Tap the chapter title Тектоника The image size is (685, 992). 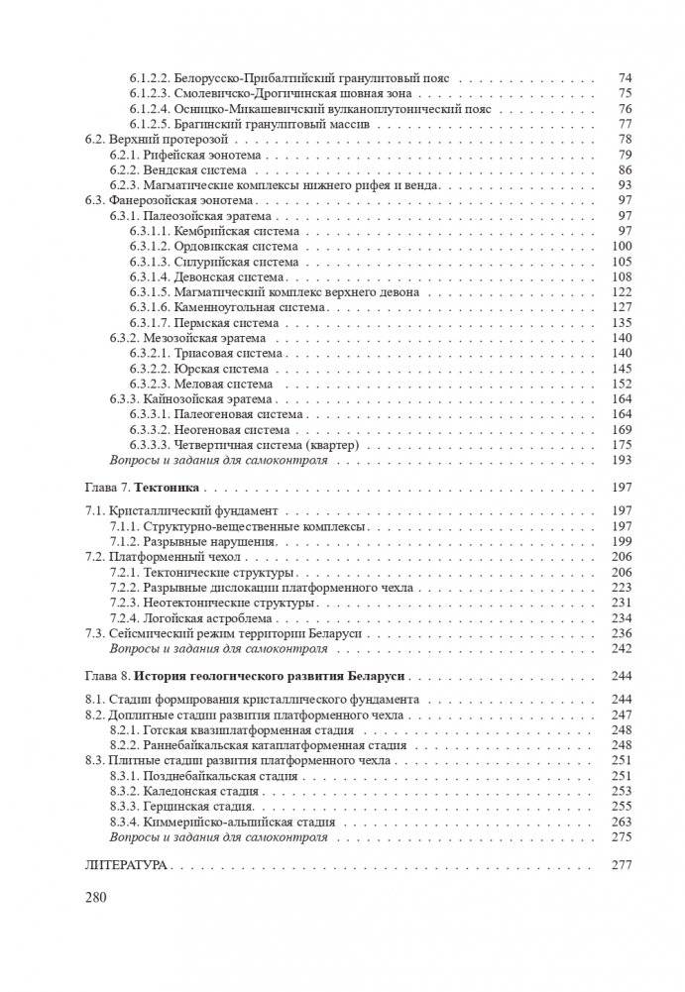167,488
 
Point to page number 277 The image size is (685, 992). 622,864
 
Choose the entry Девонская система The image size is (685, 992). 220,276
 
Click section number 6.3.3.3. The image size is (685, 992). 148,445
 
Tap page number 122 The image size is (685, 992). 622,292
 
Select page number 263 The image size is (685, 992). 622,822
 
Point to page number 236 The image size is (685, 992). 622,632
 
